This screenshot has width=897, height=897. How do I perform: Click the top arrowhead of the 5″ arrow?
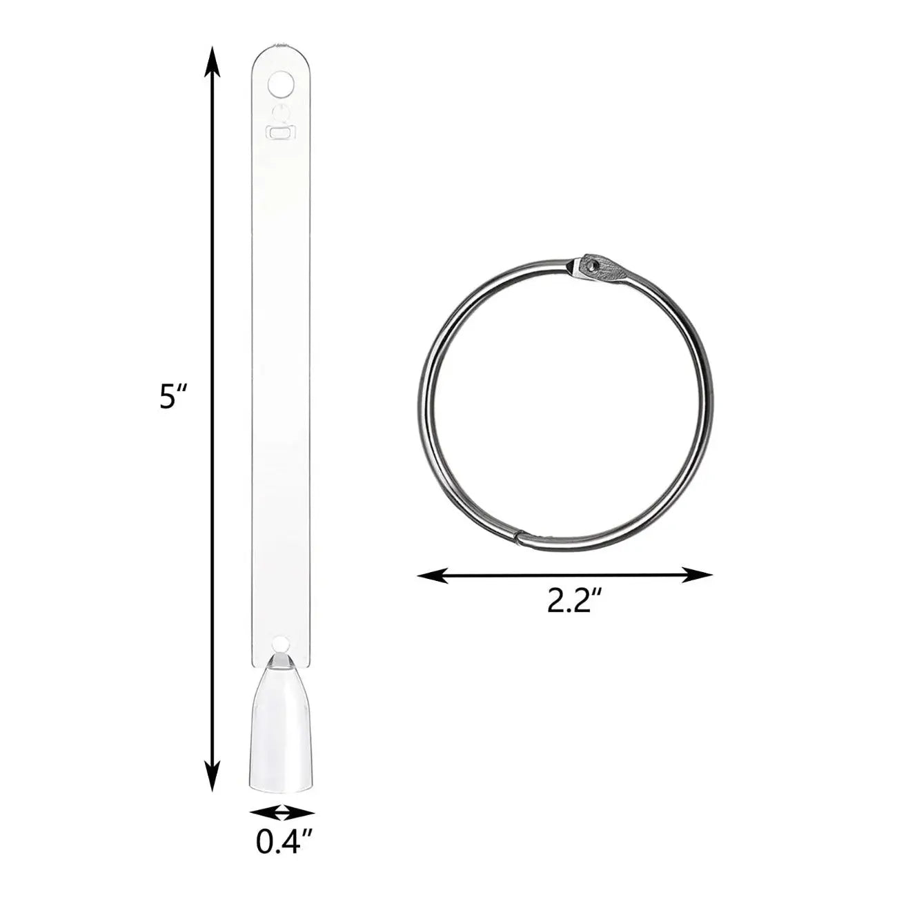[x=213, y=61]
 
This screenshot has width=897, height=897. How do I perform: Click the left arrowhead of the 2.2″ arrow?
[x=432, y=575]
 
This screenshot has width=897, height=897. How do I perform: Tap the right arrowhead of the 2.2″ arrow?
[x=698, y=575]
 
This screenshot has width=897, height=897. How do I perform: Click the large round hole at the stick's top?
[x=281, y=84]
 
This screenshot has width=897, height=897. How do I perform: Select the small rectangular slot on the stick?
[x=281, y=132]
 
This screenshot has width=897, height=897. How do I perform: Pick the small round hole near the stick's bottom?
[x=281, y=644]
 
